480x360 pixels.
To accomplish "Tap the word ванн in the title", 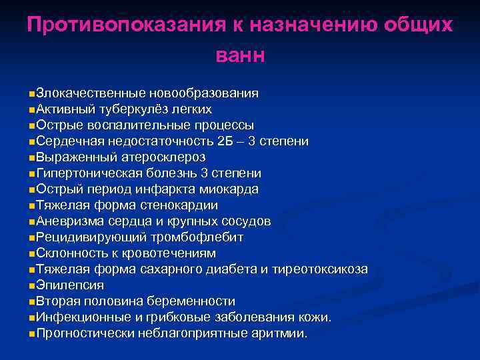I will tap(240, 55).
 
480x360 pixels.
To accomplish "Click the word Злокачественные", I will tap(91, 93).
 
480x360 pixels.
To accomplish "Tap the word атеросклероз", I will tap(164, 157).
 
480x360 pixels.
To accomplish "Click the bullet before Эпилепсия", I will tap(33, 285).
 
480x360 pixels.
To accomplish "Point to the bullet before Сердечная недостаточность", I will tap(33, 141).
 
